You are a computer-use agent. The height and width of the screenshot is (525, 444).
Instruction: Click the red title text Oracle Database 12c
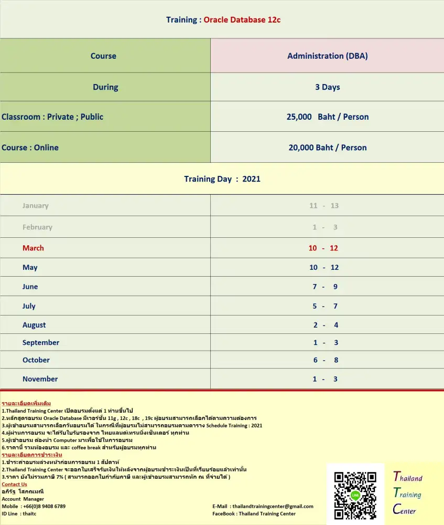(x=242, y=20)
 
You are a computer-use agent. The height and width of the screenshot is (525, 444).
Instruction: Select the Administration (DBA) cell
(x=328, y=56)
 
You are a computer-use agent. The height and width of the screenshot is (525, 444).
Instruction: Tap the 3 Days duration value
(x=328, y=87)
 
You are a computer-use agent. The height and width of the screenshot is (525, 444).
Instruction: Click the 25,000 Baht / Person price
(x=328, y=117)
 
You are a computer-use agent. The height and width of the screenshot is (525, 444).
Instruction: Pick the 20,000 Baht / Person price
(x=328, y=148)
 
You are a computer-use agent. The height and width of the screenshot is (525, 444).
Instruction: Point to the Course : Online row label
(x=30, y=148)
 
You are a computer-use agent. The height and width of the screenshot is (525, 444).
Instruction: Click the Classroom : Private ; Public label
(x=52, y=117)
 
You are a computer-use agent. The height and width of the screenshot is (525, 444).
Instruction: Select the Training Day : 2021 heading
(x=222, y=179)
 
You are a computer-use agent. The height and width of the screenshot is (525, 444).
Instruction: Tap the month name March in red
(x=33, y=248)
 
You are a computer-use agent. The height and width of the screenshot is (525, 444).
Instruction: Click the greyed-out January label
(x=35, y=206)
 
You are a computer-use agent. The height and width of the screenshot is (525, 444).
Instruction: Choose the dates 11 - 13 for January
(x=324, y=206)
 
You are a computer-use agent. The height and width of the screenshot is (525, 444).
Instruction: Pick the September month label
(x=41, y=343)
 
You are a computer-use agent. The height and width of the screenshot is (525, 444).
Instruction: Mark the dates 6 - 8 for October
(x=326, y=360)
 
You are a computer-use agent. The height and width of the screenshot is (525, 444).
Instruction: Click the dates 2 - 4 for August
(x=326, y=325)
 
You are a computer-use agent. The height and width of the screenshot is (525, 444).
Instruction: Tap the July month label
(x=29, y=306)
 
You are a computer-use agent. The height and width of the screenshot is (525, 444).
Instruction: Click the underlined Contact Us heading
(x=14, y=484)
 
